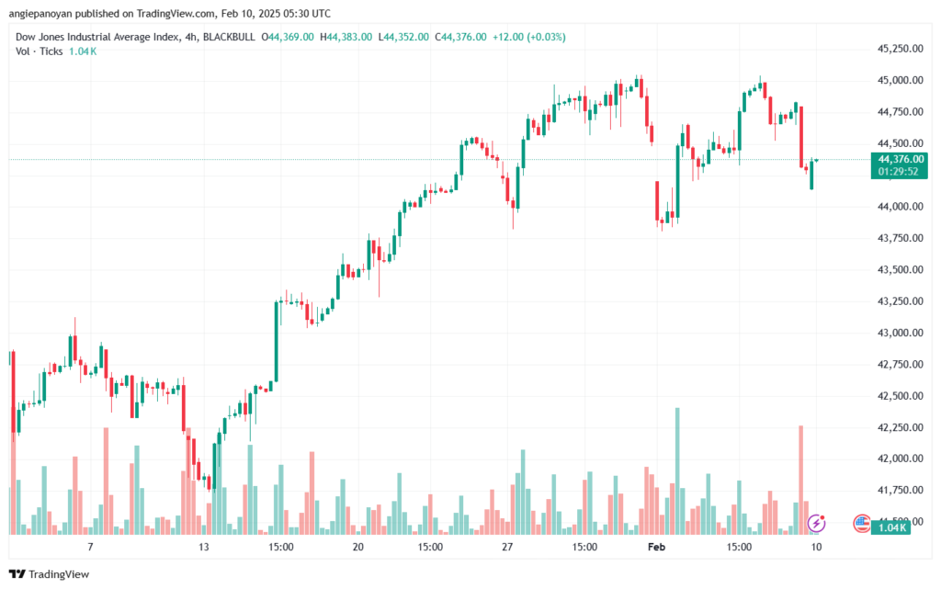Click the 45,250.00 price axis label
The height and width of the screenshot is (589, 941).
coord(901,49)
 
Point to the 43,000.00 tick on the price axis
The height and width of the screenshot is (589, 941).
coord(901,333)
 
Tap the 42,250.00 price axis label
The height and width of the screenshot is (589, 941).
coord(901,427)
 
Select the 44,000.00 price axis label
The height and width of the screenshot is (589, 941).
coord(901,207)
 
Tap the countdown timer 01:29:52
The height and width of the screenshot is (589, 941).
coord(898,172)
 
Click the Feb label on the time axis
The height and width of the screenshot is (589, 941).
coord(656,547)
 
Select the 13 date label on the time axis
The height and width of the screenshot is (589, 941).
coord(204,547)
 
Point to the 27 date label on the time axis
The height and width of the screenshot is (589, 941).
coord(507,547)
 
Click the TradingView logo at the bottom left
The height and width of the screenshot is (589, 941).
coord(50,574)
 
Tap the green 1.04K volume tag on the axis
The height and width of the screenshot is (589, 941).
coord(890,527)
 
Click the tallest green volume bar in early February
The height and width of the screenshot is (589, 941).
coord(677,470)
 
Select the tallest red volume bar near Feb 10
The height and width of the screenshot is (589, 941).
coord(800,480)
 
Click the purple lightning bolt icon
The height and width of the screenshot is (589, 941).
coord(816,523)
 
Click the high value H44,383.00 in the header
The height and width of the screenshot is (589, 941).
coord(346,37)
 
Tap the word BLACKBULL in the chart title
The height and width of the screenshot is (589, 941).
coord(229,37)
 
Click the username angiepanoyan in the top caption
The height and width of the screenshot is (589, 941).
coord(40,14)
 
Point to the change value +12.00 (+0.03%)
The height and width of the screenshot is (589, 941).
coord(528,37)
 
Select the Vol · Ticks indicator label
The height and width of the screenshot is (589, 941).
coord(39,51)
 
